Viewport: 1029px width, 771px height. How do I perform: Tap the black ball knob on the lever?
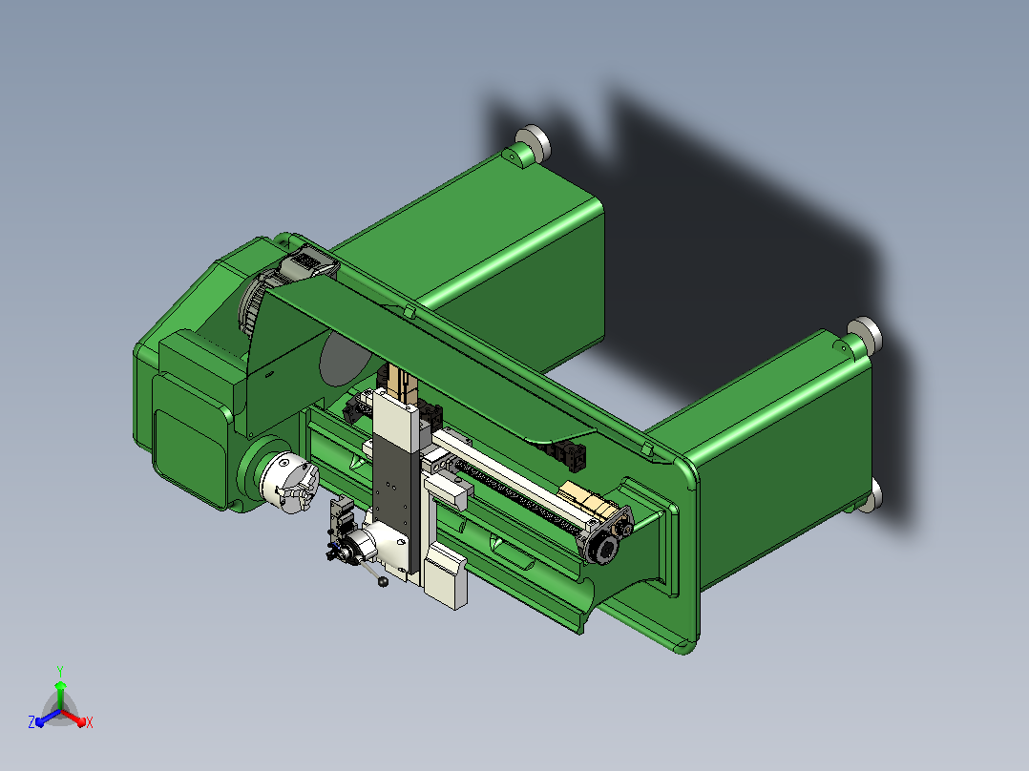[384, 581]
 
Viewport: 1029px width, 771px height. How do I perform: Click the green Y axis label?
[60, 672]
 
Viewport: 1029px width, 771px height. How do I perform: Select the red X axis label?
[90, 722]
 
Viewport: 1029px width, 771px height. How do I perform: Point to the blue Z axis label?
[31, 722]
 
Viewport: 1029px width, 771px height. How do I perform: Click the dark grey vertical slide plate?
[391, 499]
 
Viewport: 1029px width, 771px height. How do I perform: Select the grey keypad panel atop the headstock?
[309, 263]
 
